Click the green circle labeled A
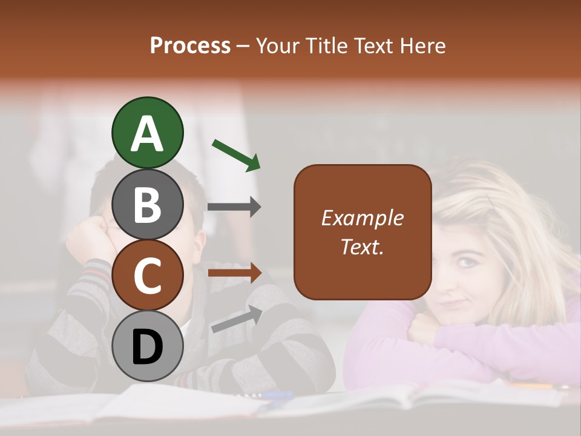(147, 133)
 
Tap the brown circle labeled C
(147, 275)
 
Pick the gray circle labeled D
(147, 346)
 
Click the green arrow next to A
(236, 154)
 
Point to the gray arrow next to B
(234, 207)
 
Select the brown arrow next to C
(234, 273)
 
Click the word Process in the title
(190, 45)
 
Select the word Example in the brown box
(362, 218)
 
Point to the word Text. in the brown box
(362, 246)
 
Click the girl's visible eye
(466, 262)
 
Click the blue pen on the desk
(278, 395)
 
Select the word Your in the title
(275, 45)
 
